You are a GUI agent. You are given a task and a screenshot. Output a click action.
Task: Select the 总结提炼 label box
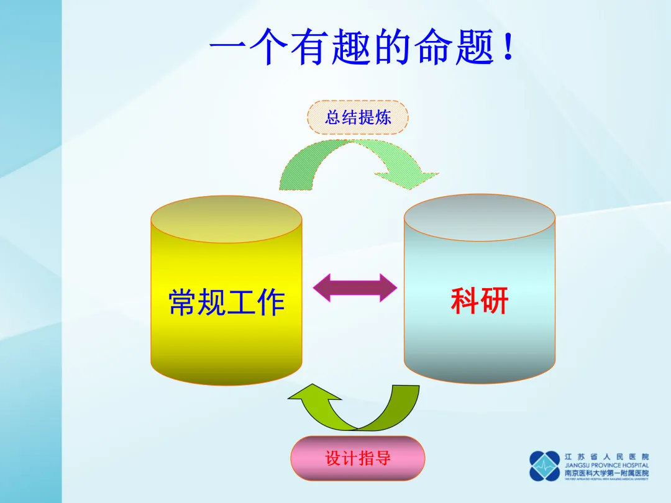(358, 117)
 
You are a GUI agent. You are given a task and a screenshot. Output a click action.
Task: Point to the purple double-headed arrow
(354, 288)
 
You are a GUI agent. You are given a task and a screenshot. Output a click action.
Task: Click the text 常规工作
(226, 302)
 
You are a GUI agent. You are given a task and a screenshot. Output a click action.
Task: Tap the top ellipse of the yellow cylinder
(226, 219)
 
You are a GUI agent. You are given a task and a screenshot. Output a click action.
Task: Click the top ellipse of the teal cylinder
(479, 218)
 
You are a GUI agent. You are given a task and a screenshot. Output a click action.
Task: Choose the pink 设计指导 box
(357, 458)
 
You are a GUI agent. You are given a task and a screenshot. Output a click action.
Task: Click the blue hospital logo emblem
(545, 466)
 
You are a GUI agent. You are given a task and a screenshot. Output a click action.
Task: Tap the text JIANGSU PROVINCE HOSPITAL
(606, 465)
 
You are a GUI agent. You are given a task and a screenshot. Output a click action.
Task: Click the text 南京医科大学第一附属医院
(606, 473)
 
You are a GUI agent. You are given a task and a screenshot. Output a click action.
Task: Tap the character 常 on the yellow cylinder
(183, 302)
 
